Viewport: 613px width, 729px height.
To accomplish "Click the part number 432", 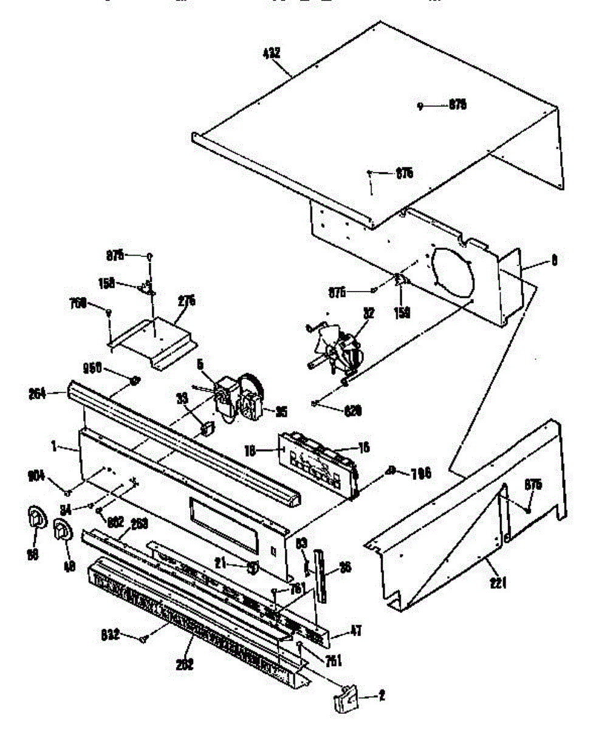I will pyautogui.click(x=272, y=53).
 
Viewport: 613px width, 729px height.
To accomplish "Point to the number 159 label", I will pyautogui.click(x=401, y=312).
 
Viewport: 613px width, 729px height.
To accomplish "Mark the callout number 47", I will pyautogui.click(x=355, y=631).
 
